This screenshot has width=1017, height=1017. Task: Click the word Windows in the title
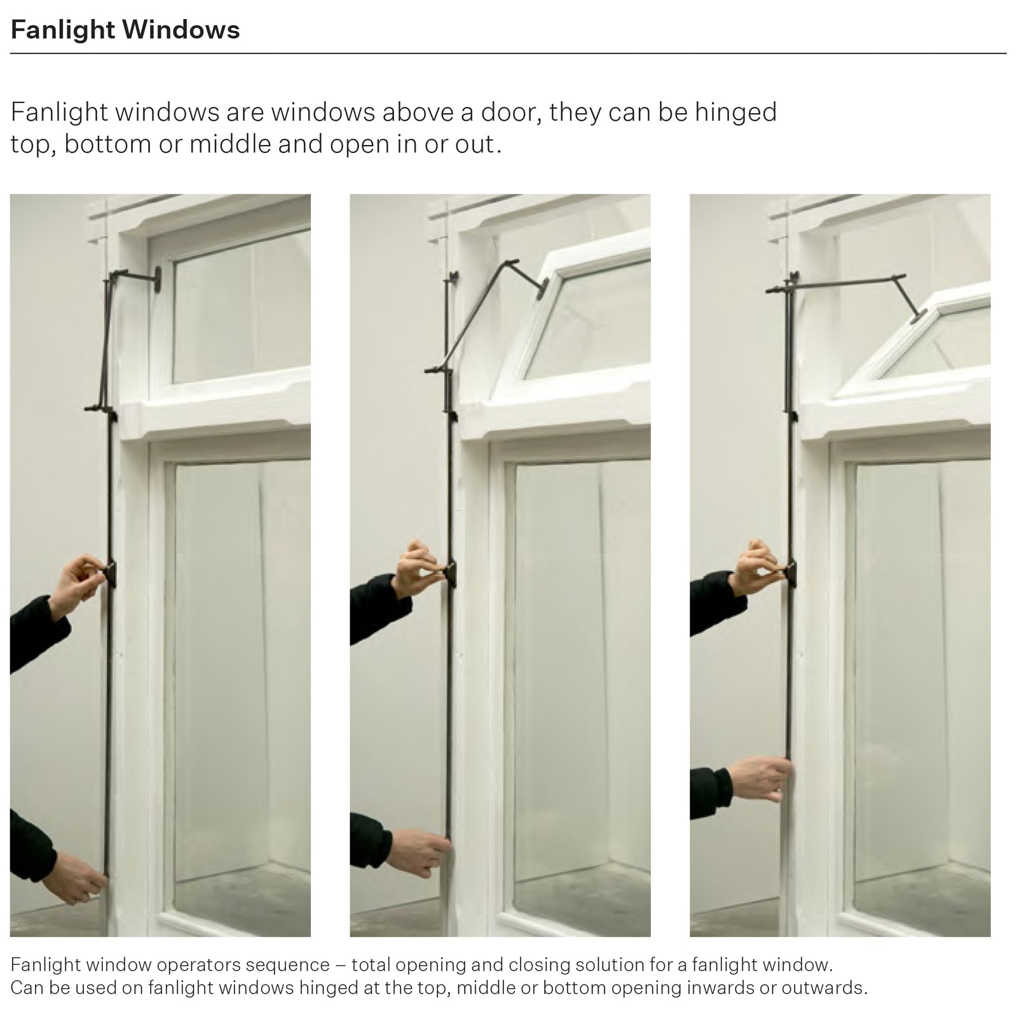tap(181, 30)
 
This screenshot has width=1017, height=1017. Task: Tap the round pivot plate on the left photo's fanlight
tap(156, 279)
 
